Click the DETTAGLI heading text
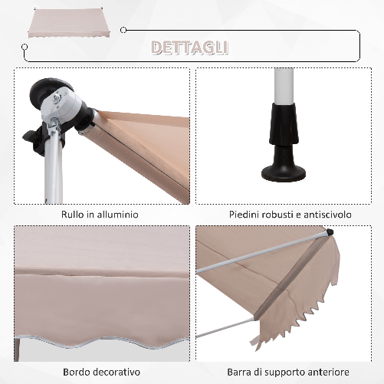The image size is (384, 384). tap(189, 48)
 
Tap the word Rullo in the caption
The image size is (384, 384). tap(74, 215)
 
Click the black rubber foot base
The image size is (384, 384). tap(284, 171)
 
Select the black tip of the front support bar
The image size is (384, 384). tap(329, 231)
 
